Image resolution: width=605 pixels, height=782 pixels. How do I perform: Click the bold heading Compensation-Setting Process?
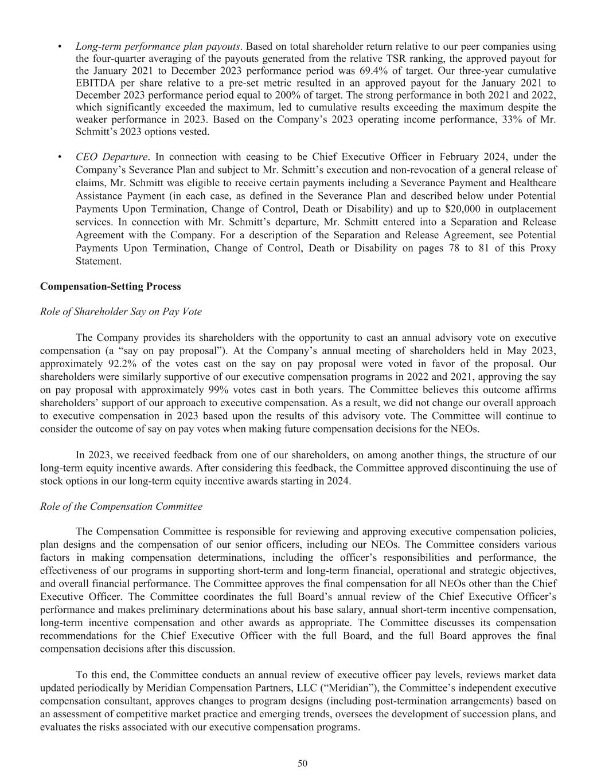[x=110, y=286]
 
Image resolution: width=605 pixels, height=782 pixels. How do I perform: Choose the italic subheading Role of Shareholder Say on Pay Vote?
[x=120, y=312]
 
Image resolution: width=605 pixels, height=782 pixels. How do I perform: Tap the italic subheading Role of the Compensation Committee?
[x=121, y=506]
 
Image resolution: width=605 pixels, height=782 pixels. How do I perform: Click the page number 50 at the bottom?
[x=302, y=763]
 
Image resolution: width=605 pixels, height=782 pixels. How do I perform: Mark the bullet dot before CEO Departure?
[x=60, y=157]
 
